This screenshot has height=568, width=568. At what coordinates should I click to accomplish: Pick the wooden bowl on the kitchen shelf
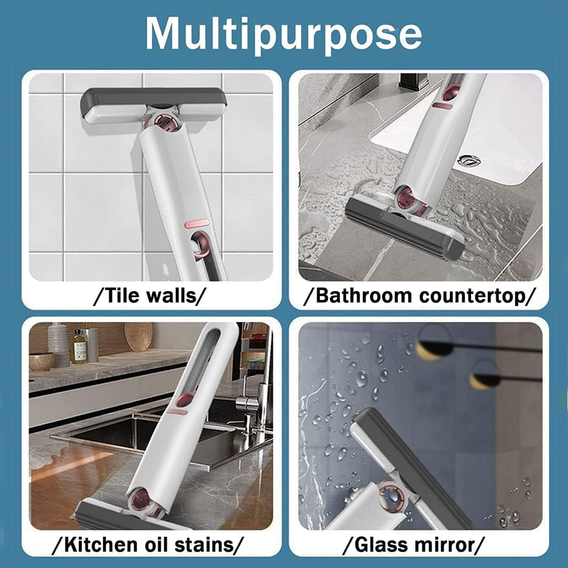(42, 361)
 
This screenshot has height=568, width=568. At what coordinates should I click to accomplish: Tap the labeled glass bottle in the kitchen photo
(79, 347)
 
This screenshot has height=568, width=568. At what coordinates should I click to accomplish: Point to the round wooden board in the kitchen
(138, 336)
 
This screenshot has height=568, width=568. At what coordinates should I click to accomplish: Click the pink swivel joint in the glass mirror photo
(392, 496)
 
